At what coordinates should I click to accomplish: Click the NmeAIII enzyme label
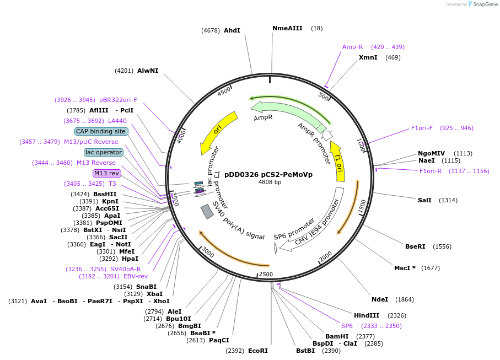[x=287, y=28]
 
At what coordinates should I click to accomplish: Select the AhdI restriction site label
[x=232, y=30]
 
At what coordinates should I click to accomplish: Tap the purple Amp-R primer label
[x=352, y=47]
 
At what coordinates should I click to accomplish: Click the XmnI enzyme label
[x=368, y=57]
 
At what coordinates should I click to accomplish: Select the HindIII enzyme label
[x=367, y=315]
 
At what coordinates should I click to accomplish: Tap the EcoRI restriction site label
[x=257, y=350]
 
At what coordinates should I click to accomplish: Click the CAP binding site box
[x=101, y=131]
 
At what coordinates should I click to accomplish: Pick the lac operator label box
[x=103, y=152]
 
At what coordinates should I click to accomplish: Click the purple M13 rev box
[x=106, y=173]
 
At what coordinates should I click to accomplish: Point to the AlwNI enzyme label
[x=148, y=71]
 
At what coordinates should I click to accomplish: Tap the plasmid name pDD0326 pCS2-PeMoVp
[x=268, y=174]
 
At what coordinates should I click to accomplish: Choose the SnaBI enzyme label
[x=147, y=287]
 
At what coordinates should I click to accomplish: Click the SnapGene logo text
[x=482, y=4]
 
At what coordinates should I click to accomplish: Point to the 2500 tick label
[x=266, y=274]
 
